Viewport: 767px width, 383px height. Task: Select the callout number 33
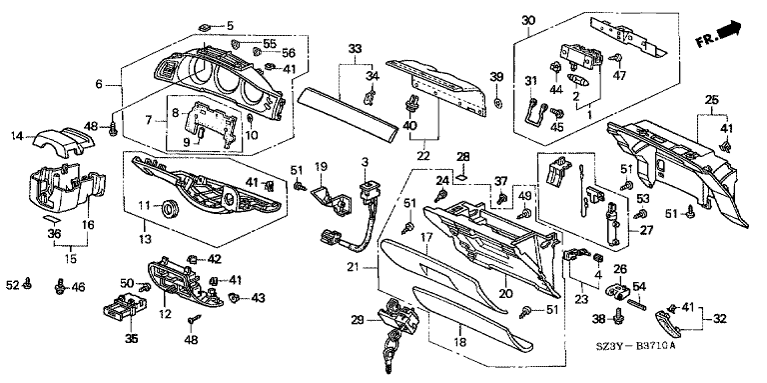click(356, 48)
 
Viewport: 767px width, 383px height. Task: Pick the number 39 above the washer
click(496, 78)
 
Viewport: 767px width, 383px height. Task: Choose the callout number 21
click(367, 267)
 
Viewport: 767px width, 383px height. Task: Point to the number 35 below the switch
click(131, 338)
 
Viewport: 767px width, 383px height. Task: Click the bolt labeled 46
click(61, 287)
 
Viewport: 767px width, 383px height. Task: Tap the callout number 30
click(528, 21)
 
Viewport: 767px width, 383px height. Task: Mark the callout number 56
click(288, 53)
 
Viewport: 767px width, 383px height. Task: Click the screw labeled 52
click(28, 283)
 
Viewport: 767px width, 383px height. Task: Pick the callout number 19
click(320, 167)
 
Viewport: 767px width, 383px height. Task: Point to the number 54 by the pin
click(639, 287)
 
